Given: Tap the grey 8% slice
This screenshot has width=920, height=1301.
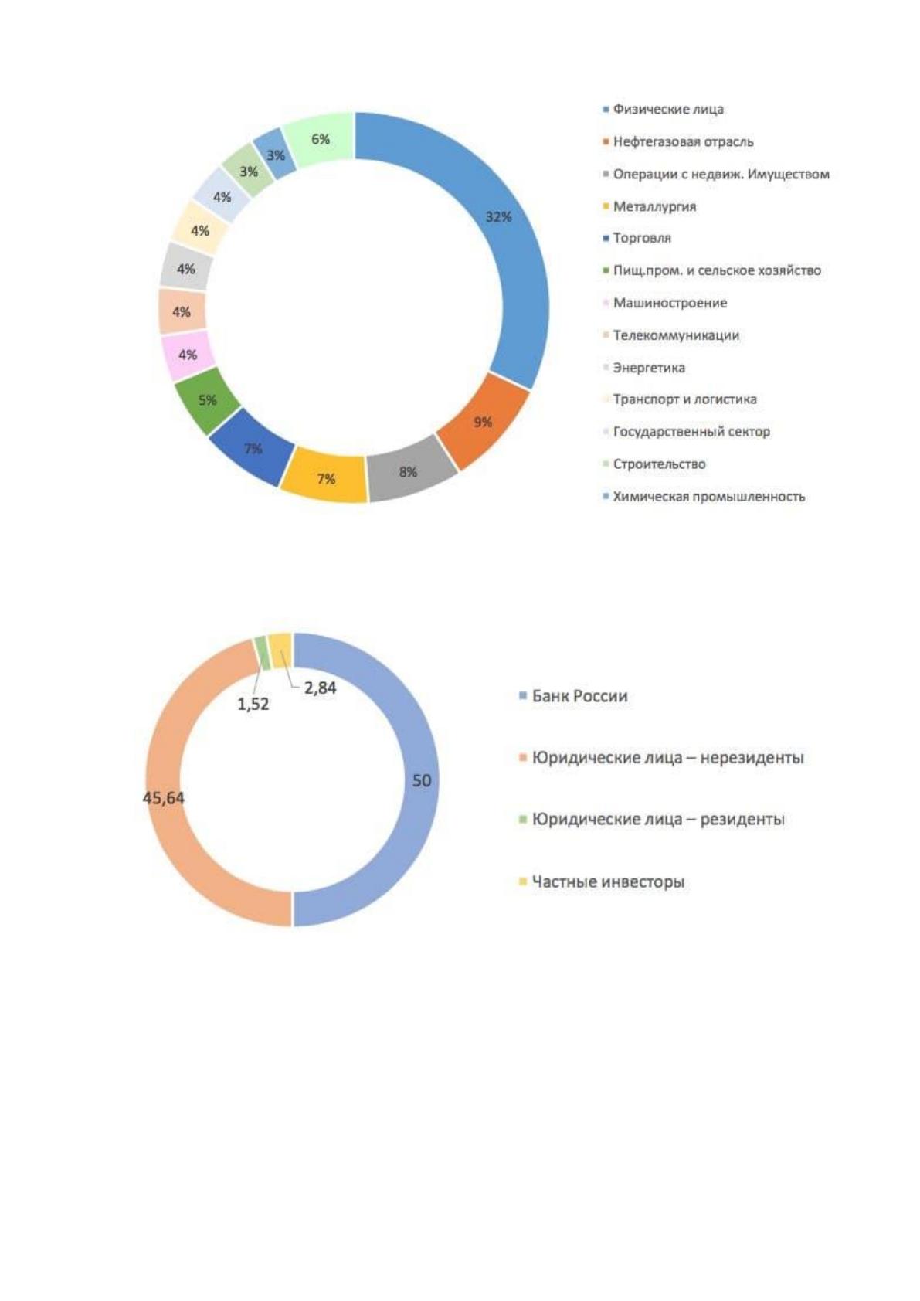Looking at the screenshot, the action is [x=409, y=471].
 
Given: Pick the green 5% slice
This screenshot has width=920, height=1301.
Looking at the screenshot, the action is [x=207, y=400].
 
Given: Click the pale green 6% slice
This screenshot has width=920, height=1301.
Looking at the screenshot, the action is [x=321, y=139].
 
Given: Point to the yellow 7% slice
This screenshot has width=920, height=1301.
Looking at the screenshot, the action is [x=325, y=478].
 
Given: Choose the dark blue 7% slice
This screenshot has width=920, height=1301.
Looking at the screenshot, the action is [x=253, y=448].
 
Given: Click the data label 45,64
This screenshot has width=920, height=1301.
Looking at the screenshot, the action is [x=163, y=797].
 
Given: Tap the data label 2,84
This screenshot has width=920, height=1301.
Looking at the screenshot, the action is [x=320, y=688].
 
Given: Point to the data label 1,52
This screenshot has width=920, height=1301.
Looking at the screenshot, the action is [x=253, y=704].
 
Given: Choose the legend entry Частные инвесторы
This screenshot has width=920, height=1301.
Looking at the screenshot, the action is [x=602, y=881].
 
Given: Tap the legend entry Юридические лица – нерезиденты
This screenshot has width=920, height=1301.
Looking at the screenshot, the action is [x=661, y=757].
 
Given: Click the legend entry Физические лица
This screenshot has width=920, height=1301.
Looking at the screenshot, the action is [x=664, y=109].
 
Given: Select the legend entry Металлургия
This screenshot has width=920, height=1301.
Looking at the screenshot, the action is [x=650, y=207].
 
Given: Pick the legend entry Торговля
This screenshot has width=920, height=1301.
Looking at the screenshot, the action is [x=637, y=238].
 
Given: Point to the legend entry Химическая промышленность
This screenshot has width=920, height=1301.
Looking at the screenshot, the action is [x=704, y=497].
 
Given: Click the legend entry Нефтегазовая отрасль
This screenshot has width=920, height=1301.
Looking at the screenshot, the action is [x=678, y=141].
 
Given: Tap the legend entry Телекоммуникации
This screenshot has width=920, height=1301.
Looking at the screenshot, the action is [x=670, y=335].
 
